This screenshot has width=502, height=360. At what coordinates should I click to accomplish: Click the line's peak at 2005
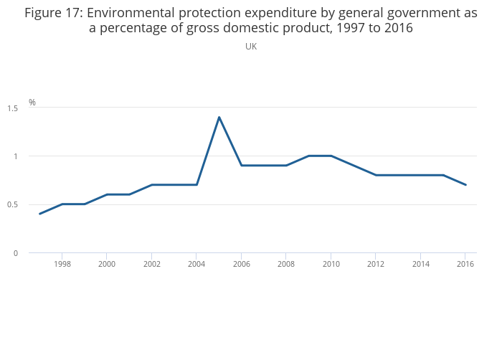[219, 117]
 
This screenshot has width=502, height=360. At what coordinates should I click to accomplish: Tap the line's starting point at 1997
[39, 214]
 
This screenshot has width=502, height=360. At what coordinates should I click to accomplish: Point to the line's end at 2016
[465, 185]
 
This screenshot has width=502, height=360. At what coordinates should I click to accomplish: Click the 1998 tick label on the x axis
[62, 265]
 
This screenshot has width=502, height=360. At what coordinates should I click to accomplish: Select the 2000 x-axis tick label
[107, 265]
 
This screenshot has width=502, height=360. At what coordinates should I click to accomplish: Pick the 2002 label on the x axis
[151, 265]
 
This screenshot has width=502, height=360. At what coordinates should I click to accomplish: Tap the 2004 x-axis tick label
[196, 265]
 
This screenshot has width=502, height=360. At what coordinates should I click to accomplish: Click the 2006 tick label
[241, 265]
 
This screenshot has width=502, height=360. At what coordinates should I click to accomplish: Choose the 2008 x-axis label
[286, 265]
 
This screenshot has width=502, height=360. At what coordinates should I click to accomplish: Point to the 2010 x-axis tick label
[331, 265]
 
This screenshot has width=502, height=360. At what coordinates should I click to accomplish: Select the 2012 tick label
[376, 265]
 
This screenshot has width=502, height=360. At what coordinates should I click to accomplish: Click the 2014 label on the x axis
[421, 265]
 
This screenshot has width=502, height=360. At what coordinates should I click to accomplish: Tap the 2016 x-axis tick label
[465, 265]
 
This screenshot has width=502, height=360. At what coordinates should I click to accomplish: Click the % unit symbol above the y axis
[32, 103]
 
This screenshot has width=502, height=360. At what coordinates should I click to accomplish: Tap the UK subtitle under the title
[251, 47]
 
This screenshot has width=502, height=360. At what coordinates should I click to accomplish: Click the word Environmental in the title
[130, 13]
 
